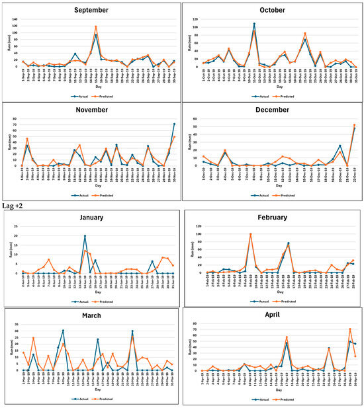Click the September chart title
pyautogui.click(x=91, y=11)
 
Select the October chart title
pyautogui.click(x=271, y=11)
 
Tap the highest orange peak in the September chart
pyautogui.click(x=96, y=27)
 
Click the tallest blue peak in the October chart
pyautogui.click(x=254, y=24)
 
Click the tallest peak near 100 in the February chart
pyautogui.click(x=250, y=234)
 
